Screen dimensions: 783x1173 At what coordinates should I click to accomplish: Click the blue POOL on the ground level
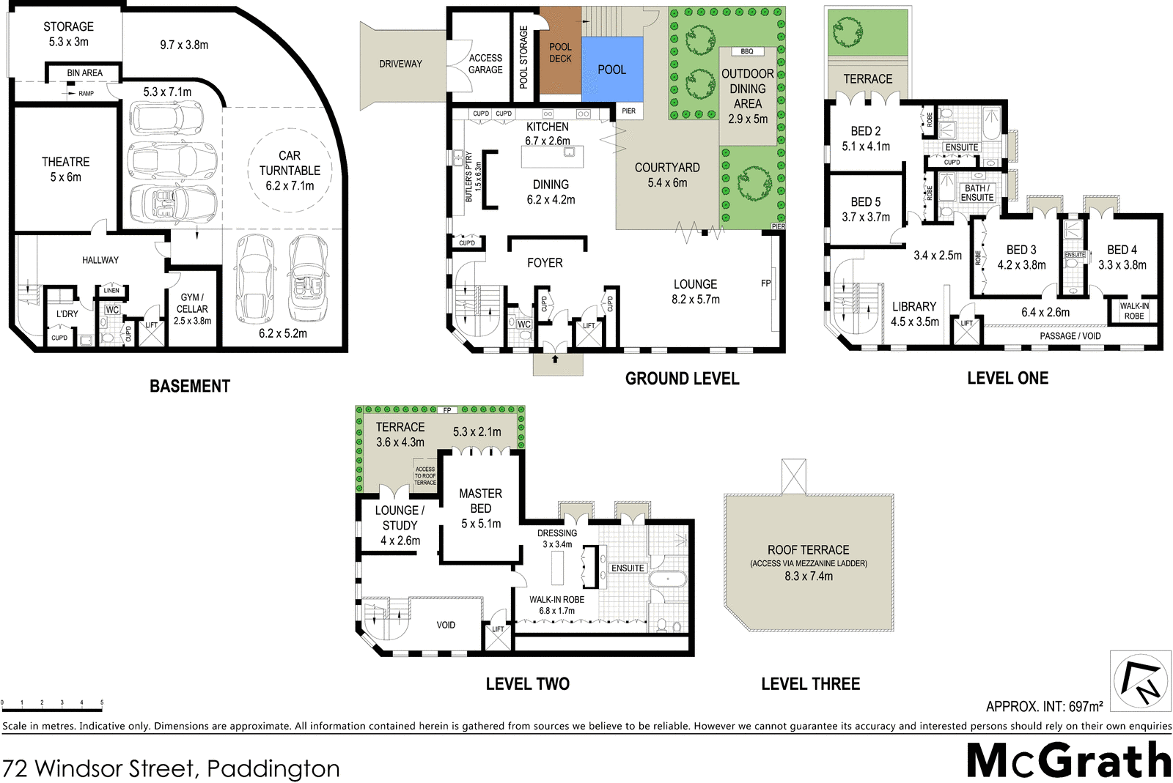612,70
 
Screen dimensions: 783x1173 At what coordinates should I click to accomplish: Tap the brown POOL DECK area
560,53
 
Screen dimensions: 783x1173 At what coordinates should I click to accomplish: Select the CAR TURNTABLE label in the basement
290,170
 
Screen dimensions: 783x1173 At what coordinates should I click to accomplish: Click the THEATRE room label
65,168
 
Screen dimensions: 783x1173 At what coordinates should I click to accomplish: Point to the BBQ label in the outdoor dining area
746,51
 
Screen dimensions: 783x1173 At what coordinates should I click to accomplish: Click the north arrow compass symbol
1140,680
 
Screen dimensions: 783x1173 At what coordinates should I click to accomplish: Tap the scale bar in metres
51,704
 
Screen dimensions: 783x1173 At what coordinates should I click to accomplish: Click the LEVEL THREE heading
810,683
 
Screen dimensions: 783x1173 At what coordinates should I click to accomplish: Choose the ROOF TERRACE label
808,549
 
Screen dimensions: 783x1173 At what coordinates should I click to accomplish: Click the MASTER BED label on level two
480,501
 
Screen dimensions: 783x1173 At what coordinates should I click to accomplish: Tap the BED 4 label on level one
1122,250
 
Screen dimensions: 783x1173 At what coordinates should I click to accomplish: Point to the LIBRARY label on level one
913,306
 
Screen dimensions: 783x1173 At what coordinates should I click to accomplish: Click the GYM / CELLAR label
192,303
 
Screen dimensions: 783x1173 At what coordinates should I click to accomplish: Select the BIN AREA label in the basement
84,73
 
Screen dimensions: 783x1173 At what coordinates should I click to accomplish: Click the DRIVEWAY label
400,64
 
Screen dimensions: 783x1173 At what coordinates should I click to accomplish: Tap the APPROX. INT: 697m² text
1043,707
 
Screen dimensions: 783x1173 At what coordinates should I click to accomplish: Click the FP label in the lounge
765,283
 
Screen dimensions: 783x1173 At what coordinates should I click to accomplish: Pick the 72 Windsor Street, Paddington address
171,768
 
